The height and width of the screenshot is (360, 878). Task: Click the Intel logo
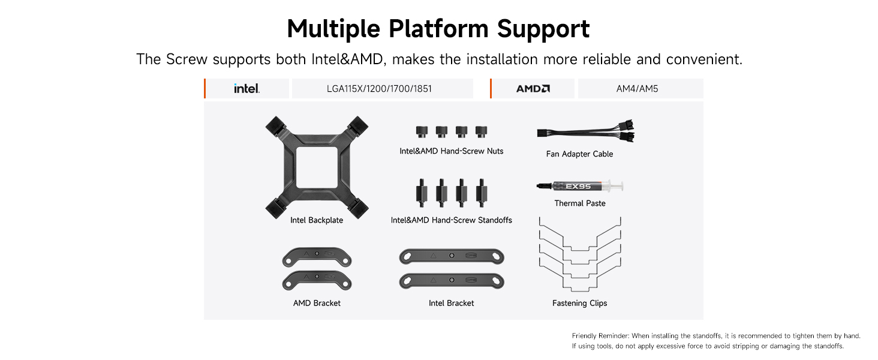(247, 89)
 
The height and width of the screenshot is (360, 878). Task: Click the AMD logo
(533, 89)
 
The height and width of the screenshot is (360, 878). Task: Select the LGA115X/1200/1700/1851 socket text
(379, 89)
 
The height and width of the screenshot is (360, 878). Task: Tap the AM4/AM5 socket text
(637, 89)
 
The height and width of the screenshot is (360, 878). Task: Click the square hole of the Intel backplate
(317, 167)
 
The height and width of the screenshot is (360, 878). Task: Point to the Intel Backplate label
(317, 220)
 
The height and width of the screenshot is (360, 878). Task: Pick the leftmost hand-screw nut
(422, 132)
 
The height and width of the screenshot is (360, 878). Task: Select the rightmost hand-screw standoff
(482, 193)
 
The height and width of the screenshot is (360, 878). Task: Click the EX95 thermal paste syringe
(580, 186)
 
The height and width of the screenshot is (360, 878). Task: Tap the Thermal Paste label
(580, 203)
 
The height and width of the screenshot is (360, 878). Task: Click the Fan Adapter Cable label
(579, 154)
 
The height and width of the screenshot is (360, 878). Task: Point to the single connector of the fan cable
(543, 133)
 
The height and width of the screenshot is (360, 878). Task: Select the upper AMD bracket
(317, 257)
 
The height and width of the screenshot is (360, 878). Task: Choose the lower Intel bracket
(452, 281)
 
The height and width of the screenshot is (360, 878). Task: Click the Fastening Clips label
(580, 303)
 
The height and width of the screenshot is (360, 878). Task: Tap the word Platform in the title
(438, 29)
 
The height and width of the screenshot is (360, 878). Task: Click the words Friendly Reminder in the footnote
(600, 335)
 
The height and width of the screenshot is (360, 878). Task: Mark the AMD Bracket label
(317, 303)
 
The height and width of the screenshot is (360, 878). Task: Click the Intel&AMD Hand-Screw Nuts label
(452, 151)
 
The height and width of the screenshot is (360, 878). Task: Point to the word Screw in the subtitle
(187, 59)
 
